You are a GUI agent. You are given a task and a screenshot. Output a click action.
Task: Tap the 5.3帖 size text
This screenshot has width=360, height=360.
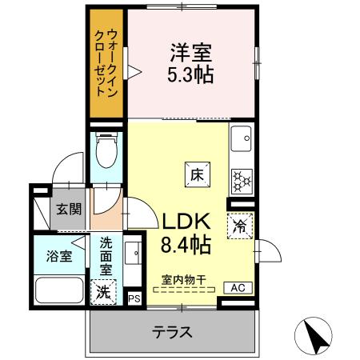tap(190, 76)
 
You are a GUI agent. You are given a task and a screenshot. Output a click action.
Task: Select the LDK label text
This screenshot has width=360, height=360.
tap(187, 222)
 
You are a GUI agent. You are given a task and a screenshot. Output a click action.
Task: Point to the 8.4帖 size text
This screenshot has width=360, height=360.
tap(187, 245)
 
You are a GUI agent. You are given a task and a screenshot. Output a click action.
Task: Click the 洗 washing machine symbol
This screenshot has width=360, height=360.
tap(104, 292)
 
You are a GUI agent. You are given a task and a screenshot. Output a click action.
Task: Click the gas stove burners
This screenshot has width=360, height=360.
tap(240, 182)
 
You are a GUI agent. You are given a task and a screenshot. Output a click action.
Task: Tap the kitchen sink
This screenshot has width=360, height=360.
tap(240, 142)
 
